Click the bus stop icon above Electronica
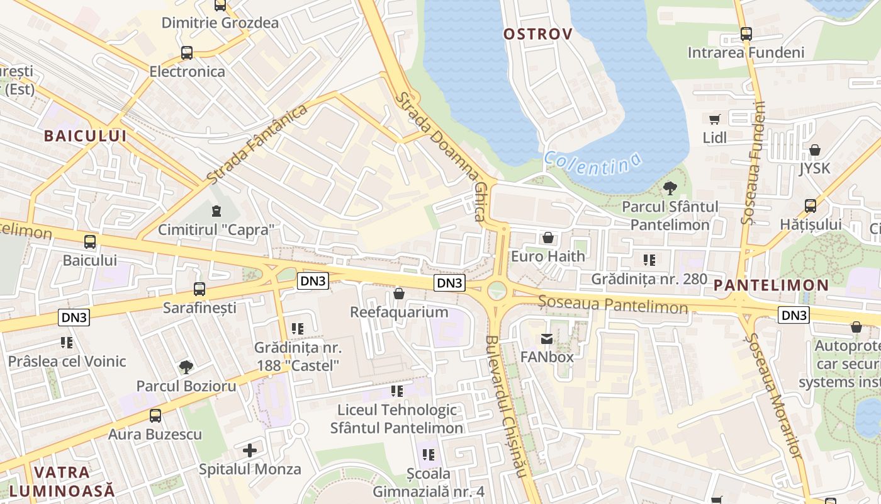pos(187,53)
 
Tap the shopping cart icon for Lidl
pos(714,119)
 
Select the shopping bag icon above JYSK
pos(815,150)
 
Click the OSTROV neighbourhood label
pos(538,34)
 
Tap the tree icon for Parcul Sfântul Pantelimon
pos(670,188)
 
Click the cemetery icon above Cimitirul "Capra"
pos(216,210)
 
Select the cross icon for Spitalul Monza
pos(250,450)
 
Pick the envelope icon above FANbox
pos(546,339)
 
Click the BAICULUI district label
pos(85,135)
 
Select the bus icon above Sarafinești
pos(199,289)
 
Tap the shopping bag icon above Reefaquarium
pos(398,294)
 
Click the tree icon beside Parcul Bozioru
pos(186,367)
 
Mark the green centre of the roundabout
pos(497,291)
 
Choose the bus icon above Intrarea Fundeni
pos(746,34)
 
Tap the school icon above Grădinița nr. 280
pos(649,260)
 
